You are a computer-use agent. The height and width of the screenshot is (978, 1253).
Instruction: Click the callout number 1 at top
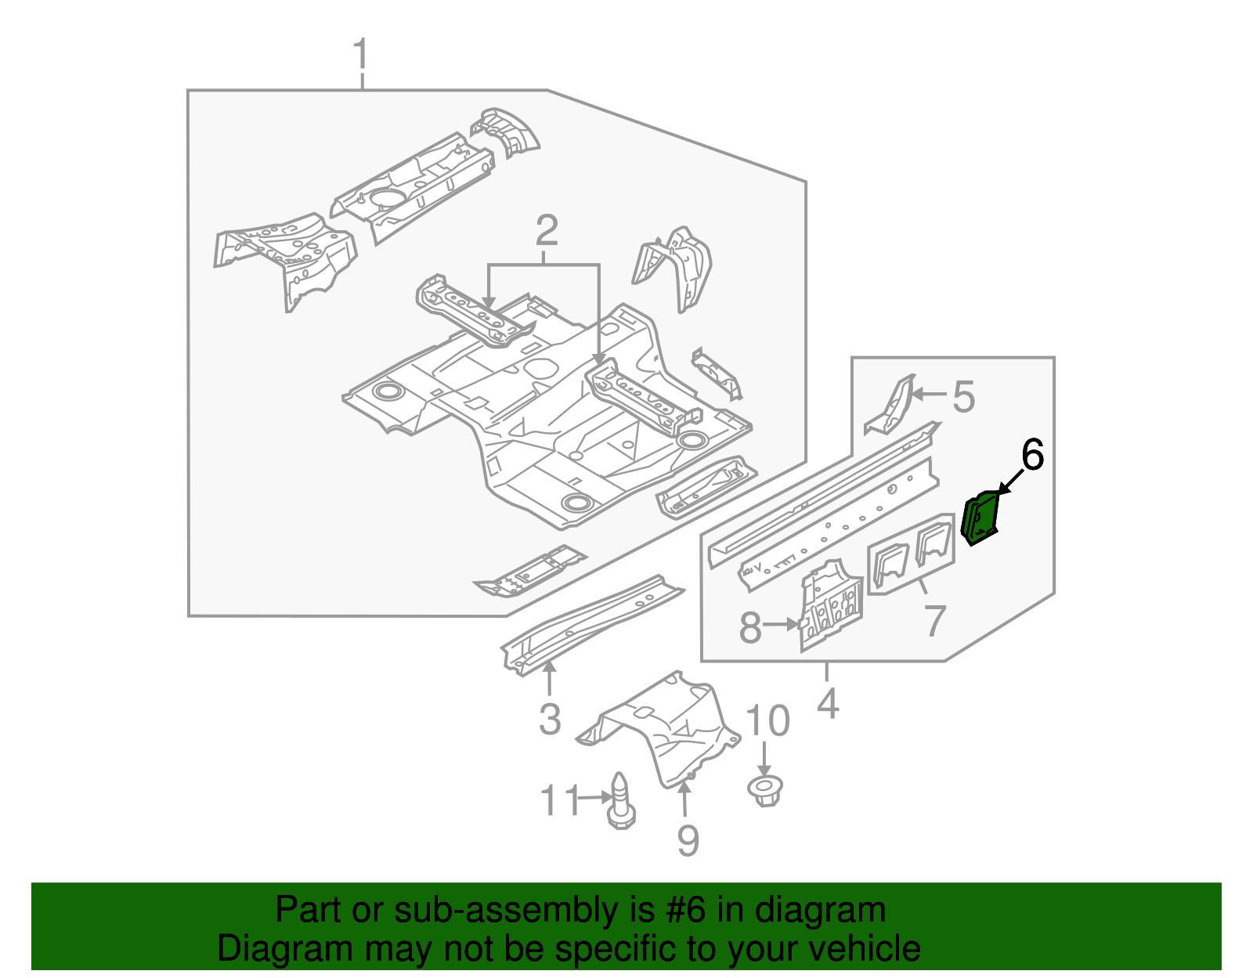[360, 55]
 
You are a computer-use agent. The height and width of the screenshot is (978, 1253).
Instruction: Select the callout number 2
[546, 230]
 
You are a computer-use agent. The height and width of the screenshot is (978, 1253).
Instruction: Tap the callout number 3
[550, 719]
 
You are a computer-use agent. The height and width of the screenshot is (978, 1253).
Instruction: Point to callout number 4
[828, 702]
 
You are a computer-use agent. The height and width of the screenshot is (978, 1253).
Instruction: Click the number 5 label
[964, 396]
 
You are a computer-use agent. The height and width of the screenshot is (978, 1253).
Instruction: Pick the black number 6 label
[1032, 455]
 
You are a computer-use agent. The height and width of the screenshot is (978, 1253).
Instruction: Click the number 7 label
[935, 620]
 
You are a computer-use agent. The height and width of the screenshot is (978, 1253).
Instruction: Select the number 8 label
[750, 627]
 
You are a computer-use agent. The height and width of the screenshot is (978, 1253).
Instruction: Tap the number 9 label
[687, 840]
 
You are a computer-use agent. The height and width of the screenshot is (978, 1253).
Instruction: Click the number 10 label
[767, 720]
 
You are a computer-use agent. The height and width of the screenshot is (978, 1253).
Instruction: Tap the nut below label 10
[766, 789]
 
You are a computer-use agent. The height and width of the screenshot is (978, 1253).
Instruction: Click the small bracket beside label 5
[890, 406]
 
